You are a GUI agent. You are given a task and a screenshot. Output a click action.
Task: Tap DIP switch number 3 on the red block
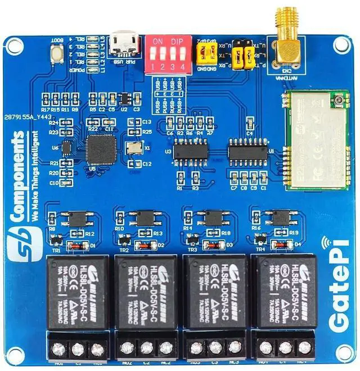(170, 52)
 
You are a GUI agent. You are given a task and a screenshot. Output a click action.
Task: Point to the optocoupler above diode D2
(143, 217)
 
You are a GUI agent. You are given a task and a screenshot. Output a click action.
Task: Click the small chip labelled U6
(66, 148)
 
